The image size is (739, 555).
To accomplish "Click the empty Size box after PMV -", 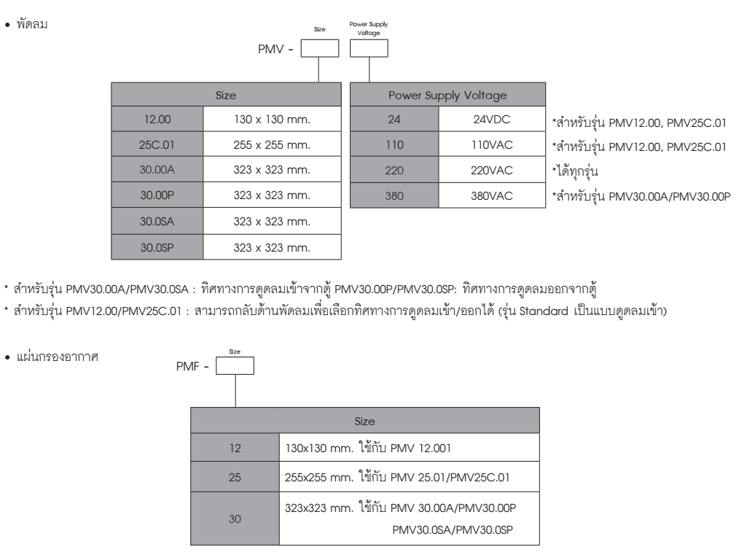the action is (x=319, y=48).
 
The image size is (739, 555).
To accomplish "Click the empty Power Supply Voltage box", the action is (x=369, y=48).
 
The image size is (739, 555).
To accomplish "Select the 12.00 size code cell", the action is (x=157, y=119).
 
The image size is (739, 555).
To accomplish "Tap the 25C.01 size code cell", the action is (x=157, y=144).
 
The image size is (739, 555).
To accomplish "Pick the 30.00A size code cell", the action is (x=157, y=170).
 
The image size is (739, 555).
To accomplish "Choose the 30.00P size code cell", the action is (x=157, y=195).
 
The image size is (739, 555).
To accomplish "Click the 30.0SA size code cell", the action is (x=157, y=221).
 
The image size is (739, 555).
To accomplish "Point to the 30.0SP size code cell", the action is (x=157, y=247).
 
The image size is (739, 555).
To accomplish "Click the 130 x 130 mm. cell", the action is (x=272, y=119).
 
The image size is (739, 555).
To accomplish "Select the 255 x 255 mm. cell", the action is (x=272, y=144).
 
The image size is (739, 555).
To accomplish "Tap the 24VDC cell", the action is (x=492, y=119).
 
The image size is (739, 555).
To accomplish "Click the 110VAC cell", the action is (x=492, y=144).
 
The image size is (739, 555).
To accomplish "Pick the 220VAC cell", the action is (x=492, y=170).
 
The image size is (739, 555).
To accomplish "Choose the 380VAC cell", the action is (x=492, y=195).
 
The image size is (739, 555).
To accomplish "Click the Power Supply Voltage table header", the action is (x=447, y=95).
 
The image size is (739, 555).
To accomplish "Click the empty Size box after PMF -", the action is (x=235, y=365).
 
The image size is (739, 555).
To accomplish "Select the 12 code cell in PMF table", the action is (x=235, y=448).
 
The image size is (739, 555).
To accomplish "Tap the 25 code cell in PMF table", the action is (x=235, y=477).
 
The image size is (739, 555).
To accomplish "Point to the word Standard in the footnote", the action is (x=544, y=311).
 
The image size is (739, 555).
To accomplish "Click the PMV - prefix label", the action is (x=275, y=49).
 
